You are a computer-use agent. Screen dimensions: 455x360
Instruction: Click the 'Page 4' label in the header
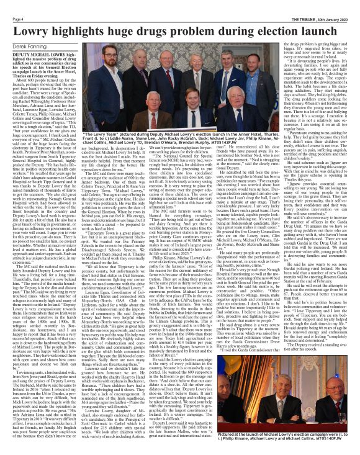10,4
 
